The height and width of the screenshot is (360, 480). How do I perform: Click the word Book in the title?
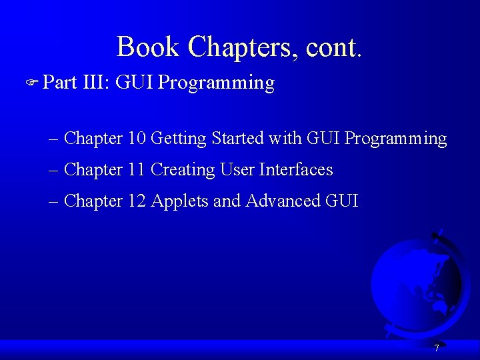(x=147, y=46)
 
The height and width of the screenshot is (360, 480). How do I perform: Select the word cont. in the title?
(x=334, y=48)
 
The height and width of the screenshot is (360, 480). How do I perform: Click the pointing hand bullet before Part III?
(x=32, y=82)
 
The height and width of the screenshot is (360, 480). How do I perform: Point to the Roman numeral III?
(x=93, y=82)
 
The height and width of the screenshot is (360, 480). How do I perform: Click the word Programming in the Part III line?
(x=216, y=84)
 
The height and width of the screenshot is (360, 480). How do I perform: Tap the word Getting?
(x=179, y=139)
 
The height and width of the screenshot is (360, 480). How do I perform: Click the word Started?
(x=237, y=138)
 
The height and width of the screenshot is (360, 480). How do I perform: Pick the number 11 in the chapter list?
(x=136, y=169)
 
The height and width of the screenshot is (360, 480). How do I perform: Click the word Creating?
(x=183, y=171)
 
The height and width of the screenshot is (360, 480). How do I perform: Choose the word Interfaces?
(x=296, y=169)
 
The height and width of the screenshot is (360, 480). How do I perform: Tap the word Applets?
(x=179, y=202)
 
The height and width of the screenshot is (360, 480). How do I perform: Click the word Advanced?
(x=283, y=201)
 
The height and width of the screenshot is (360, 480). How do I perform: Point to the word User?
(x=237, y=169)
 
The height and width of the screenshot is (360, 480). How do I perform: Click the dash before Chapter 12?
(x=53, y=203)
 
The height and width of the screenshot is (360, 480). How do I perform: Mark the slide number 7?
(x=437, y=348)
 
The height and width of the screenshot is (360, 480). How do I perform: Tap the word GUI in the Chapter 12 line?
(x=341, y=201)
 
